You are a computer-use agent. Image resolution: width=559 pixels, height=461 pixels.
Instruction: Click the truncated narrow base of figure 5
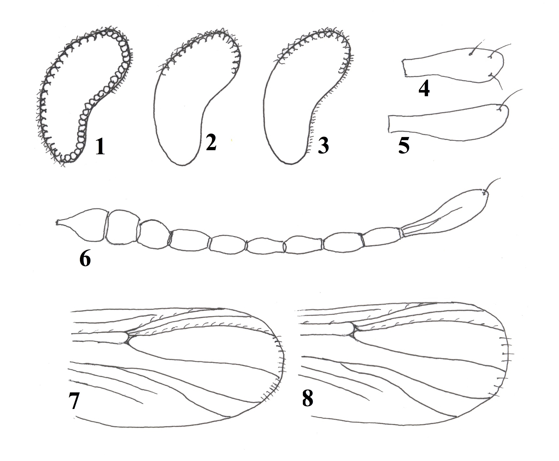pyautogui.click(x=390, y=124)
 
